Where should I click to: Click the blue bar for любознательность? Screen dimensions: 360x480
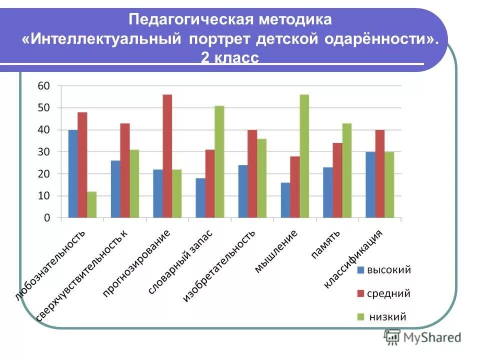pyautogui.click(x=73, y=174)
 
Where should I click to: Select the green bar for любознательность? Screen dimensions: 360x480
pyautogui.click(x=91, y=204)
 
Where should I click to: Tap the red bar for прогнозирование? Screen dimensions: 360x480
pyautogui.click(x=167, y=156)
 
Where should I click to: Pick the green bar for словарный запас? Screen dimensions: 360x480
pyautogui.click(x=219, y=162)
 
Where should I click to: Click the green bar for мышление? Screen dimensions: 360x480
pyautogui.click(x=304, y=156)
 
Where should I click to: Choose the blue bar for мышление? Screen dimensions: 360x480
pyautogui.click(x=285, y=200)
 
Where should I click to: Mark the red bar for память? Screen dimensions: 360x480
pyautogui.click(x=337, y=180)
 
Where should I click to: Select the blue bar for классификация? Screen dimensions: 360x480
pyautogui.click(x=370, y=185)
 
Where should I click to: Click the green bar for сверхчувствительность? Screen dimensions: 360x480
pyautogui.click(x=134, y=183)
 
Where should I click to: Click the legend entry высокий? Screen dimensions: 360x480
pyautogui.click(x=389, y=270)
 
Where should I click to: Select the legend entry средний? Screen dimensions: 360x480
pyautogui.click(x=388, y=293)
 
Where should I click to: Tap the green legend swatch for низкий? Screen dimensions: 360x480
pyautogui.click(x=360, y=316)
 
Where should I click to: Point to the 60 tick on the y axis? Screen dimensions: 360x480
pyautogui.click(x=44, y=86)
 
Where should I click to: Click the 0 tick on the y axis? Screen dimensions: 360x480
pyautogui.click(x=47, y=218)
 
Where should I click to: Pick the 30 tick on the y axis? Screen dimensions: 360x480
pyautogui.click(x=44, y=152)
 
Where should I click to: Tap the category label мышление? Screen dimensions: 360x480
pyautogui.click(x=276, y=251)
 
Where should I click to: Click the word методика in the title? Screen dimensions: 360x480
pyautogui.click(x=295, y=20)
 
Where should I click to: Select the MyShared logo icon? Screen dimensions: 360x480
pyautogui.click(x=393, y=337)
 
